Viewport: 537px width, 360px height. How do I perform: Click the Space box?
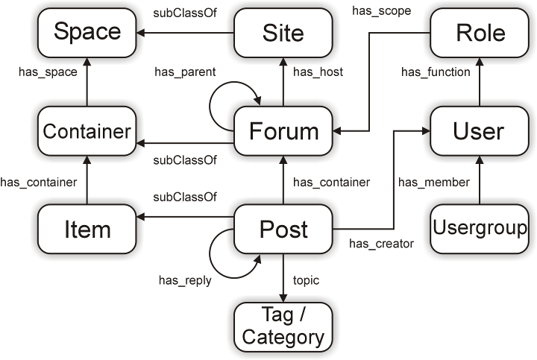[87, 33]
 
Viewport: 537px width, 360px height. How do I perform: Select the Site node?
[283, 33]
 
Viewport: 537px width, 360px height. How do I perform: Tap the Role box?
[480, 33]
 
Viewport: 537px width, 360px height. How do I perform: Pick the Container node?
[87, 132]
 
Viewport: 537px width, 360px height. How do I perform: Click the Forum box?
[283, 132]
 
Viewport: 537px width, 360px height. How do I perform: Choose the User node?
[480, 132]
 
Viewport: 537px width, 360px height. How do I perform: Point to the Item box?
[87, 230]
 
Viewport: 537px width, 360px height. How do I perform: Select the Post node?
[283, 230]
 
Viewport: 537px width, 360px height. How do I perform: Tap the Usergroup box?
[480, 228]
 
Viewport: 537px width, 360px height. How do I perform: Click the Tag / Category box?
[283, 326]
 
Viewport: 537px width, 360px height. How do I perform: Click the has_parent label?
[185, 72]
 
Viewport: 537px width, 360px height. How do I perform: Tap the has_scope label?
[381, 11]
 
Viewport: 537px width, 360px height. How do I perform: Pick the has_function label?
[436, 72]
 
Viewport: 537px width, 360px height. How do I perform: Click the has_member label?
[433, 182]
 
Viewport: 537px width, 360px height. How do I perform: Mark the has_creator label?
[381, 243]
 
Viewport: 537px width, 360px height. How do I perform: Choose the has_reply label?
[185, 281]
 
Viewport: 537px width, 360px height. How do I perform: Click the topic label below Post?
[306, 280]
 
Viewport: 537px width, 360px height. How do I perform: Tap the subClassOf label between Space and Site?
[185, 13]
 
